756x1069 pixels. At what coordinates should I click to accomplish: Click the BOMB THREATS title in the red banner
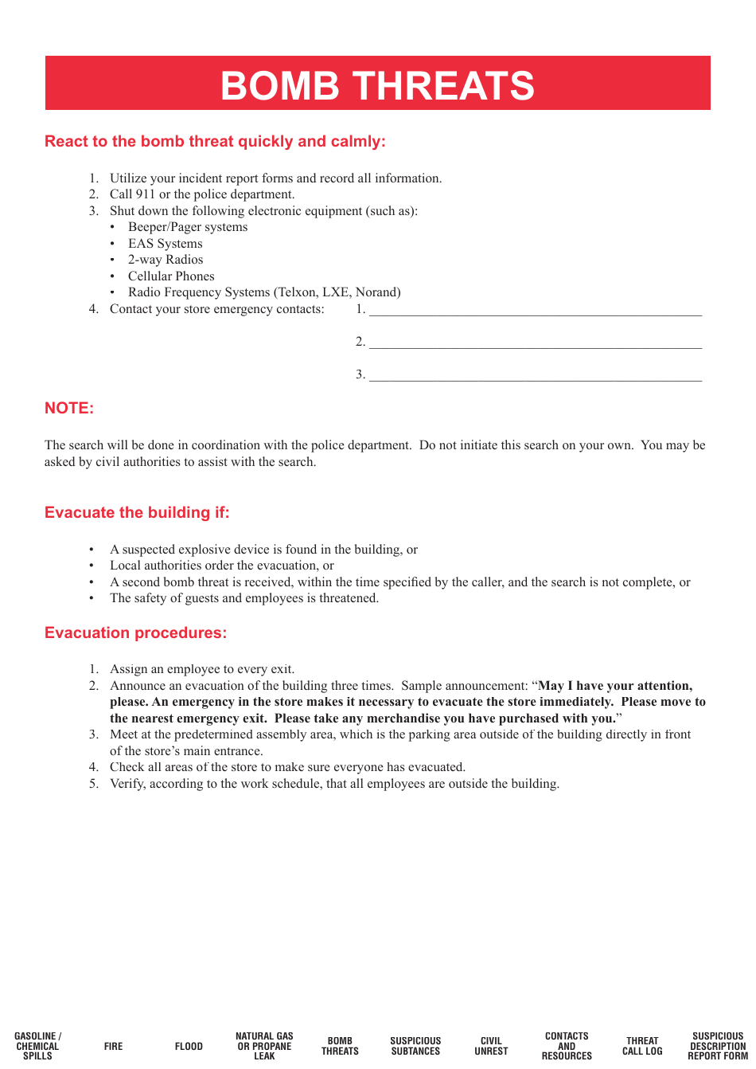(x=377, y=85)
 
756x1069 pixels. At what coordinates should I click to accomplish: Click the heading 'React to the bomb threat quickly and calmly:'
(x=215, y=142)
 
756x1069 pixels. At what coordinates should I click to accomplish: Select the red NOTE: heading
(x=69, y=409)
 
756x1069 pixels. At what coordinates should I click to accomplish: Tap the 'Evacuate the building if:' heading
(x=137, y=513)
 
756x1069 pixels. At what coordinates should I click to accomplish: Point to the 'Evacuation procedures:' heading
(x=135, y=633)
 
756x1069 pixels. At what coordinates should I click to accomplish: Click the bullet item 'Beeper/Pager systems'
(x=188, y=227)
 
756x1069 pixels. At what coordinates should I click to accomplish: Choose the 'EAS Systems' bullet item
(x=166, y=244)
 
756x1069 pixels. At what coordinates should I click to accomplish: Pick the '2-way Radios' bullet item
(x=166, y=260)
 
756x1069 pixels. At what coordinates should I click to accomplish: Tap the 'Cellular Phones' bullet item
(x=171, y=276)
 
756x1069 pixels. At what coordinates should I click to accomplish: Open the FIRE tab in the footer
(x=113, y=1046)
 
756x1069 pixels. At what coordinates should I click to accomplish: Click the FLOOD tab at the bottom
(x=189, y=1046)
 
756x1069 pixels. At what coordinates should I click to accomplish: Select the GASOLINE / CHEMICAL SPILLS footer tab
(x=37, y=1046)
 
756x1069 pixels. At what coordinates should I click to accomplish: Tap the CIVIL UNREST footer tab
(x=491, y=1046)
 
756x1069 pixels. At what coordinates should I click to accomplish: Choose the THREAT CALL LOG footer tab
(x=642, y=1046)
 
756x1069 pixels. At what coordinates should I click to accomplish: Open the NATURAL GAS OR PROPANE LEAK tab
(x=264, y=1046)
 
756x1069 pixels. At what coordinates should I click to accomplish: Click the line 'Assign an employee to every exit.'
(x=202, y=669)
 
